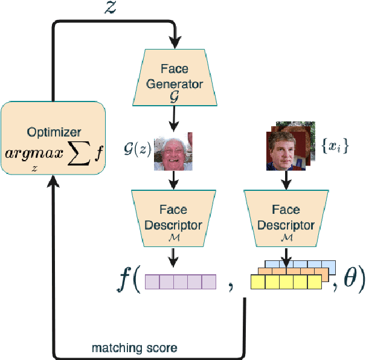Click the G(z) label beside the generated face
(138, 149)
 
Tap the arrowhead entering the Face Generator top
(175, 43)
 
